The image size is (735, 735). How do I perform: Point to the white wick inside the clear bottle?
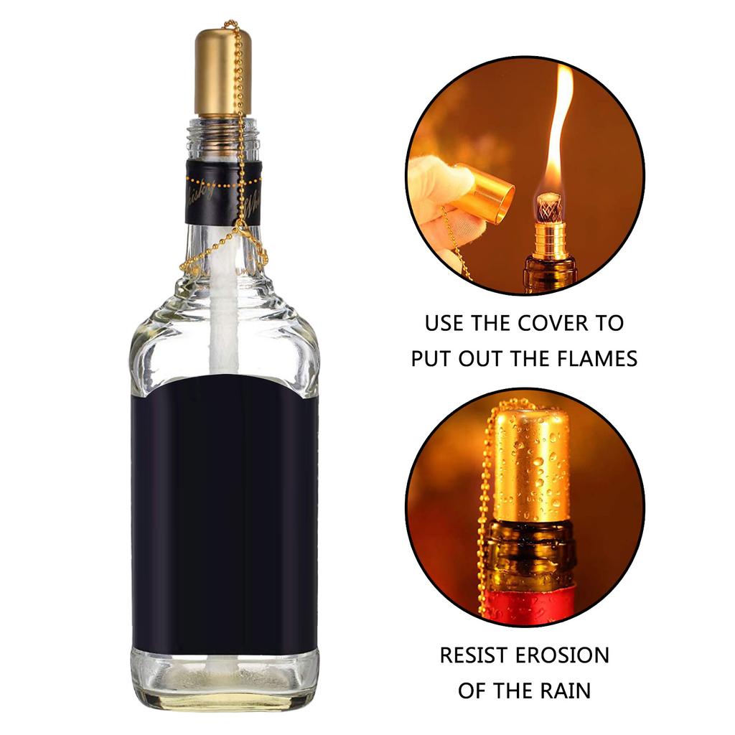click(225, 316)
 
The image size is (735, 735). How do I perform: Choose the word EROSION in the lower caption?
click(568, 655)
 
